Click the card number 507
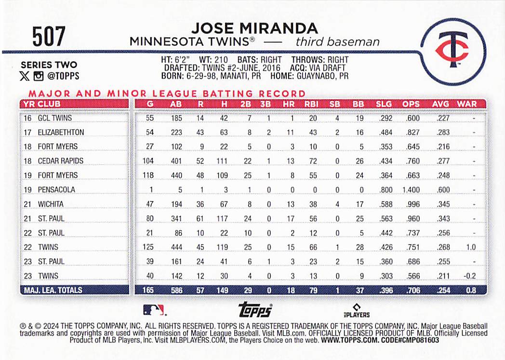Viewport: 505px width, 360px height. pos(49,36)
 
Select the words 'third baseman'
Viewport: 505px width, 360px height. pos(338,42)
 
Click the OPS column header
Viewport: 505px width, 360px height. pos(411,104)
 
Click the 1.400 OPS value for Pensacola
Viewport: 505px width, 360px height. pos(411,190)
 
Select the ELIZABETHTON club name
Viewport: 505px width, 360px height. pos(61,132)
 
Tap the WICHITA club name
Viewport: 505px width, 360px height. pos(51,204)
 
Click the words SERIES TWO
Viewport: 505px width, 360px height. pos(49,65)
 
